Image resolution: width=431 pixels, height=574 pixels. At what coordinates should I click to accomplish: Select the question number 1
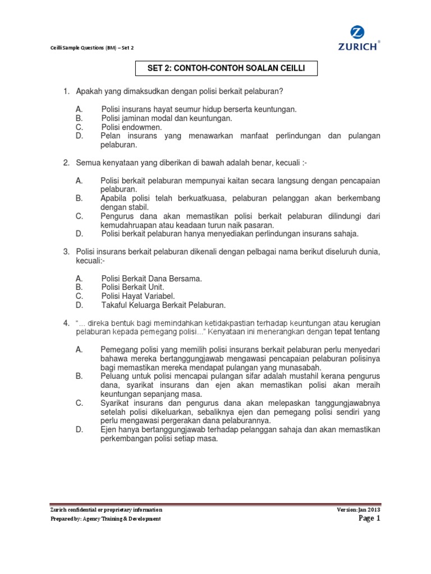pyautogui.click(x=65, y=91)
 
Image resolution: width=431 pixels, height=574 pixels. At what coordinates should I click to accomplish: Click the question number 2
pyautogui.click(x=65, y=163)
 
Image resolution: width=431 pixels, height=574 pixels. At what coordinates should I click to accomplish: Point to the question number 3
pyautogui.click(x=65, y=252)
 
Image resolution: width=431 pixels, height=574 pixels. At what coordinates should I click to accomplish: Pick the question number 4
pyautogui.click(x=65, y=323)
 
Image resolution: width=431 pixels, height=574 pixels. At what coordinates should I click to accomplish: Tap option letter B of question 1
pyautogui.click(x=79, y=118)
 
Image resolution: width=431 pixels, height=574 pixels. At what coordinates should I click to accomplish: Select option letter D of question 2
pyautogui.click(x=79, y=234)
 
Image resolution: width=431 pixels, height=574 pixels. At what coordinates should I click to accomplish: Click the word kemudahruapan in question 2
pyautogui.click(x=129, y=225)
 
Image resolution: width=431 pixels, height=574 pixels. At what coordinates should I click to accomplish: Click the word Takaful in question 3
pyautogui.click(x=114, y=305)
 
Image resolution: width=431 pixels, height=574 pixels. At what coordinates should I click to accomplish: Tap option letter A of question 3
pyautogui.click(x=79, y=278)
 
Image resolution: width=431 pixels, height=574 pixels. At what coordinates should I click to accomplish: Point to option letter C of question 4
pyautogui.click(x=79, y=402)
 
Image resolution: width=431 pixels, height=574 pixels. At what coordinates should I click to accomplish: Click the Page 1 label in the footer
pyautogui.click(x=369, y=519)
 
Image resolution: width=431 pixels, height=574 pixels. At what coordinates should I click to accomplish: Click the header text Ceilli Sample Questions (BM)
pyautogui.click(x=82, y=48)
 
